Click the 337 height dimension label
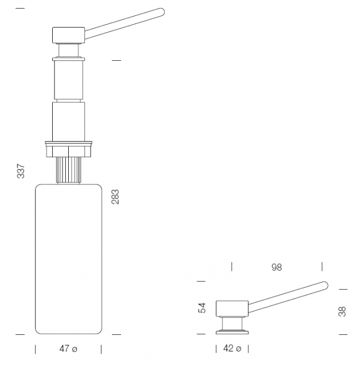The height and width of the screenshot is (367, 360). [21, 171]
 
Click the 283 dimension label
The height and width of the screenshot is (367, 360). [115, 197]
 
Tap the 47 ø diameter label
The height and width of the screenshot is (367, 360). [68, 349]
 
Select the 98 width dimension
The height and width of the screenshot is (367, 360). [277, 267]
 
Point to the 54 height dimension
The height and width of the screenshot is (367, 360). [202, 307]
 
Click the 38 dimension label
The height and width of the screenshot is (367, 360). [342, 311]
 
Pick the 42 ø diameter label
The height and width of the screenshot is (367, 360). [232, 349]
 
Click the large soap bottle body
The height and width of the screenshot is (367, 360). [69, 259]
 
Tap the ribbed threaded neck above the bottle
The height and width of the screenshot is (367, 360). [69, 170]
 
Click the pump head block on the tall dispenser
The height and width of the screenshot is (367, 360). [68, 35]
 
